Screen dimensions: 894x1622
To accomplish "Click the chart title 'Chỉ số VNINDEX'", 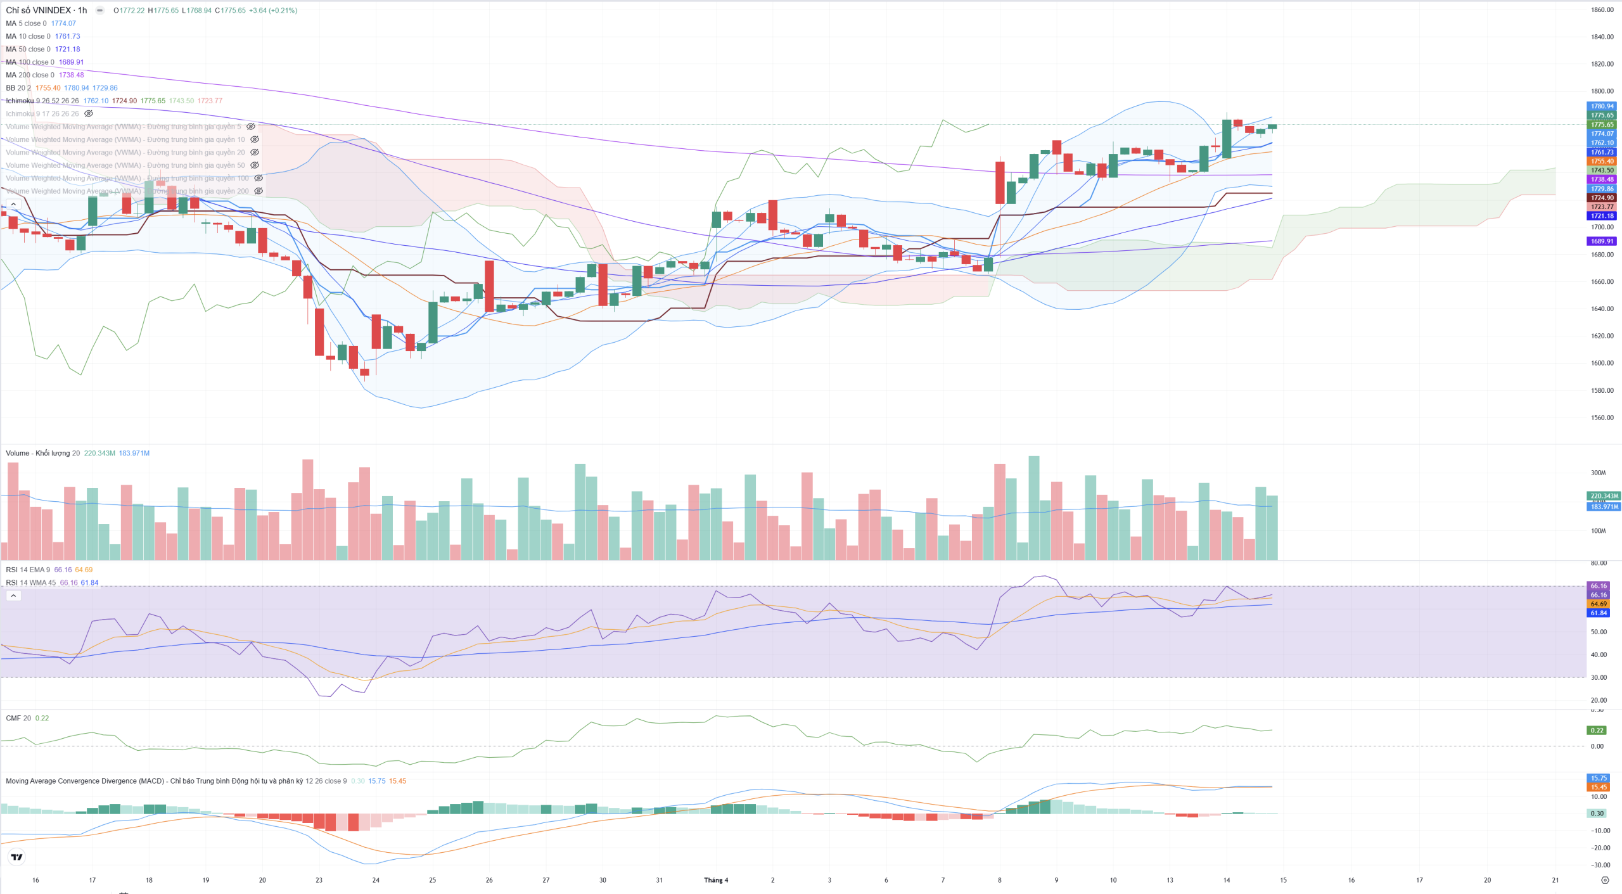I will (x=38, y=10).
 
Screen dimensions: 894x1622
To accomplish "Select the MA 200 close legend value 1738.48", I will (x=71, y=75).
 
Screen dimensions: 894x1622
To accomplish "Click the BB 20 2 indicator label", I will (x=18, y=88).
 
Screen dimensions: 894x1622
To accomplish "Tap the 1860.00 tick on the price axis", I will (x=1602, y=10).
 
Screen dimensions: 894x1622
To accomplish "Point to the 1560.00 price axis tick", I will (x=1602, y=418).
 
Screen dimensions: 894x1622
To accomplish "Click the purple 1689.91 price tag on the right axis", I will (x=1602, y=241).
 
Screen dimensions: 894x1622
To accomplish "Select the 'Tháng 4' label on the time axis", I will (x=716, y=880).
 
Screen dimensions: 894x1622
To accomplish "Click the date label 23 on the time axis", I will (x=319, y=880).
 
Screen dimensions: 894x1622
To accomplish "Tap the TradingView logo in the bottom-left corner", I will (x=17, y=857).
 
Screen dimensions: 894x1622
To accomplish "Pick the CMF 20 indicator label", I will (x=18, y=718).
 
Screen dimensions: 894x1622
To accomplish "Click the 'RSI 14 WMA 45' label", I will (x=31, y=583).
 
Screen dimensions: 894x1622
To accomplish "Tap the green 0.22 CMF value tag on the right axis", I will (x=1597, y=731).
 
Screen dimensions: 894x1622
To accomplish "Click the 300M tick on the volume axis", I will (x=1598, y=473).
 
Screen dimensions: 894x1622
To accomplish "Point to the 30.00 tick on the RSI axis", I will (x=1599, y=677).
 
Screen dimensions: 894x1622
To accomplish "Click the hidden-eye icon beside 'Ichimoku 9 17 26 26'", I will (x=89, y=114).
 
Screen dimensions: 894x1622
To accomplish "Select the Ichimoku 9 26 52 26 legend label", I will (x=42, y=101).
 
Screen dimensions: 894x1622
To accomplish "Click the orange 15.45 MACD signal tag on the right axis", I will (x=1598, y=788).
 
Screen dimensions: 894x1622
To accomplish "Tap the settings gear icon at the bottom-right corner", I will (x=1605, y=880).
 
